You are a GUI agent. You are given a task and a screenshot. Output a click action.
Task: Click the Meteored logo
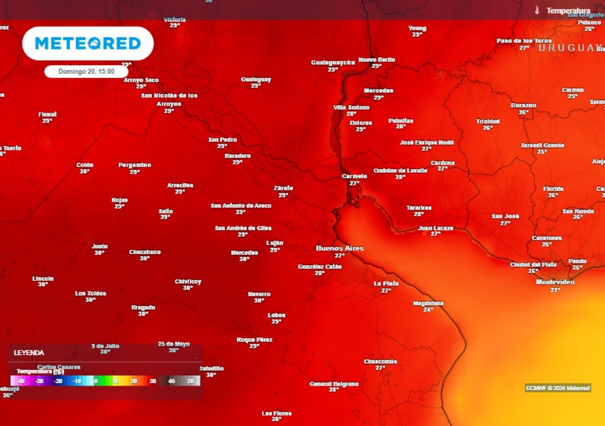pyautogui.click(x=88, y=43)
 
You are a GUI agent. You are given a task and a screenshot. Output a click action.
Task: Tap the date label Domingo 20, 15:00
pyautogui.click(x=86, y=71)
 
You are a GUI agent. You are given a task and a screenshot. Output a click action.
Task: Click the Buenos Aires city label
pyautogui.click(x=340, y=248)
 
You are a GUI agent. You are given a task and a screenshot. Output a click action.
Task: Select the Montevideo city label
pyautogui.click(x=555, y=282)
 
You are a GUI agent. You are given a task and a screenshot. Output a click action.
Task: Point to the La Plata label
pyautogui.click(x=386, y=283)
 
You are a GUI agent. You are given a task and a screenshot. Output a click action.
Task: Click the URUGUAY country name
pyautogui.click(x=570, y=47)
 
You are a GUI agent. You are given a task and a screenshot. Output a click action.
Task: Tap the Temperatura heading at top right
pyautogui.click(x=568, y=11)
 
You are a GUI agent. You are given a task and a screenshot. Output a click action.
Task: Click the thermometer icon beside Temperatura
pyautogui.click(x=537, y=11)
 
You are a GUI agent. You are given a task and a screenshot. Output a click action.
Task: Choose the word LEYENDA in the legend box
pyautogui.click(x=29, y=353)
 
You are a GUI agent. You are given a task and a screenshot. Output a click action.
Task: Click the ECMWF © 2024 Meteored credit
pyautogui.click(x=558, y=388)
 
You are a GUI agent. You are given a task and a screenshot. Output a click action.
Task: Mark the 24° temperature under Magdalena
pyautogui.click(x=428, y=309)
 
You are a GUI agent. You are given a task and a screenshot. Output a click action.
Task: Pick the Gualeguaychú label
pyautogui.click(x=333, y=62)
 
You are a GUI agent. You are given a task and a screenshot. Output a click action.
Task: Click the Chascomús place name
pyautogui.click(x=380, y=361)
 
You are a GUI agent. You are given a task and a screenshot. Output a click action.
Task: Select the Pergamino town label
pyautogui.click(x=135, y=164)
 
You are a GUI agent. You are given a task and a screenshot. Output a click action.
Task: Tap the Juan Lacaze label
pyautogui.click(x=435, y=228)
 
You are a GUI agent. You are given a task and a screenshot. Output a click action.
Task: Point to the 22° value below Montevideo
pyautogui.click(x=555, y=290)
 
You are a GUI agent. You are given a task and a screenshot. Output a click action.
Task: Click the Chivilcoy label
pyautogui.click(x=188, y=282)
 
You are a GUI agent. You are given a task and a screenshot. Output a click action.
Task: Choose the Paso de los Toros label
pyautogui.click(x=523, y=40)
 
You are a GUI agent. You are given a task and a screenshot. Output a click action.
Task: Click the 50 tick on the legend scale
pyautogui.click(x=190, y=382)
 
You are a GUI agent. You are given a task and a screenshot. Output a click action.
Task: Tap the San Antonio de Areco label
pyautogui.click(x=241, y=205)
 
